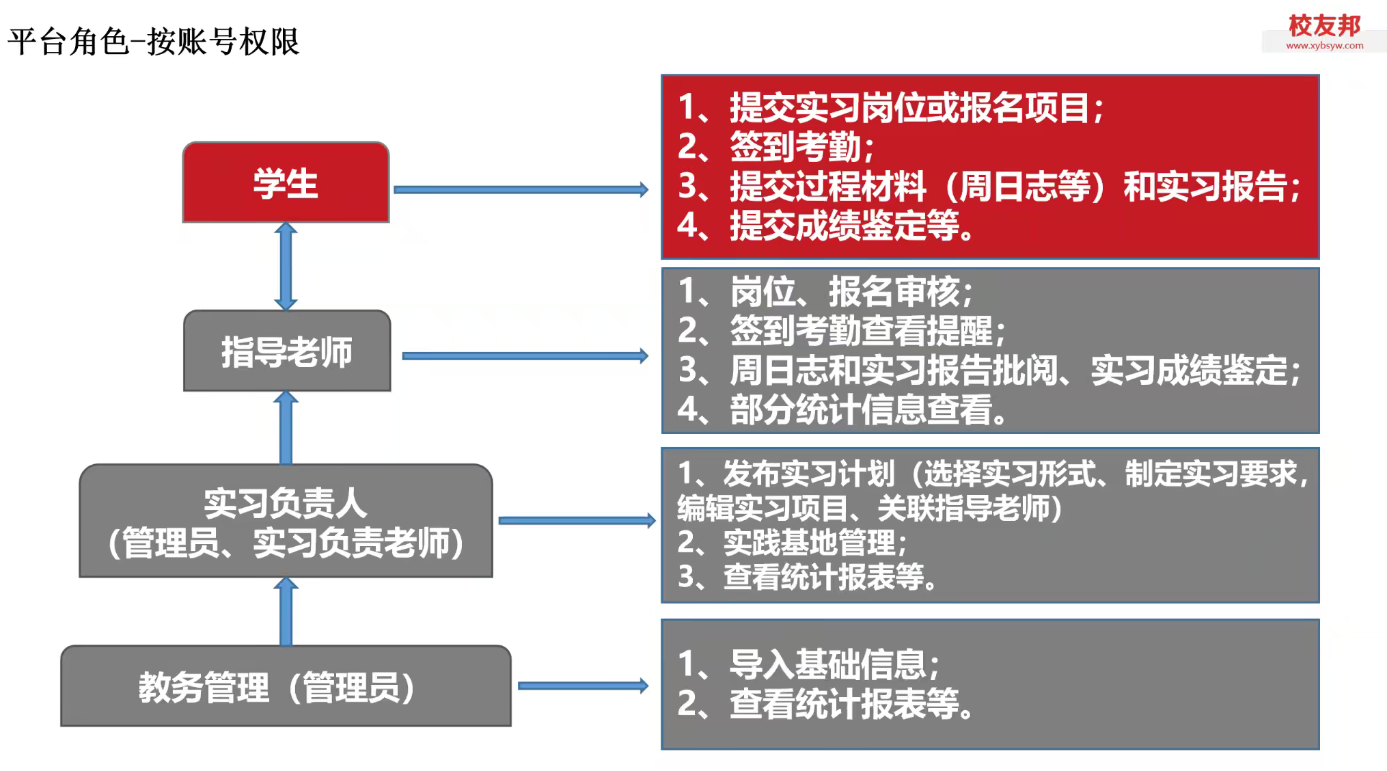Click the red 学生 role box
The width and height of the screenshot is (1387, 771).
(286, 182)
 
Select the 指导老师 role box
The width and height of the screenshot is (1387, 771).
(287, 351)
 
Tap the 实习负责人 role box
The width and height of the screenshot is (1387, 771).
(286, 521)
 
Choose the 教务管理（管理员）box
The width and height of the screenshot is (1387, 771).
(286, 686)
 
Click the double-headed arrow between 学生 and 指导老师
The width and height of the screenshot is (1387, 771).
(286, 267)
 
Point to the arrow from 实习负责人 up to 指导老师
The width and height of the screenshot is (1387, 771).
(286, 428)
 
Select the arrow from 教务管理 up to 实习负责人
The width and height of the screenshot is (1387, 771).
(286, 612)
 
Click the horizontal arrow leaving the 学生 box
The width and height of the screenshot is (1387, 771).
(521, 189)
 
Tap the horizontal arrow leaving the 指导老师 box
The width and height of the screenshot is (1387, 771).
(525, 355)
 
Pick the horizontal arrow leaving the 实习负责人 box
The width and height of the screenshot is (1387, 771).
(577, 521)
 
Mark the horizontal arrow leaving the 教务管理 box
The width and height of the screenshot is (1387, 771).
(583, 686)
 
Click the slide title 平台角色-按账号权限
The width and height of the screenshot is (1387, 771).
(154, 42)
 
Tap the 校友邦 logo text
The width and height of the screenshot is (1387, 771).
(1324, 26)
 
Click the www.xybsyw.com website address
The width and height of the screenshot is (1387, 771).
(1324, 46)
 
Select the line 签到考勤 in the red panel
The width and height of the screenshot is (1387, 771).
(776, 146)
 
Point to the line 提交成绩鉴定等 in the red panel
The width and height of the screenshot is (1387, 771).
(825, 225)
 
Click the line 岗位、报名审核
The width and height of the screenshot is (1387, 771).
(825, 292)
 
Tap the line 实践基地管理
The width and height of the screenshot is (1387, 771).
(793, 543)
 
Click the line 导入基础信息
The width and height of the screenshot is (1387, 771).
(809, 664)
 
